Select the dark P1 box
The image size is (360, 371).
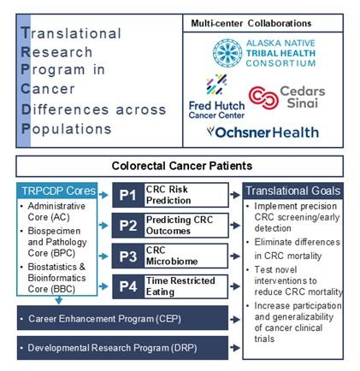[128, 195]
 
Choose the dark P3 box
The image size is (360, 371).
[128, 256]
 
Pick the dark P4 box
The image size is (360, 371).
[128, 286]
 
